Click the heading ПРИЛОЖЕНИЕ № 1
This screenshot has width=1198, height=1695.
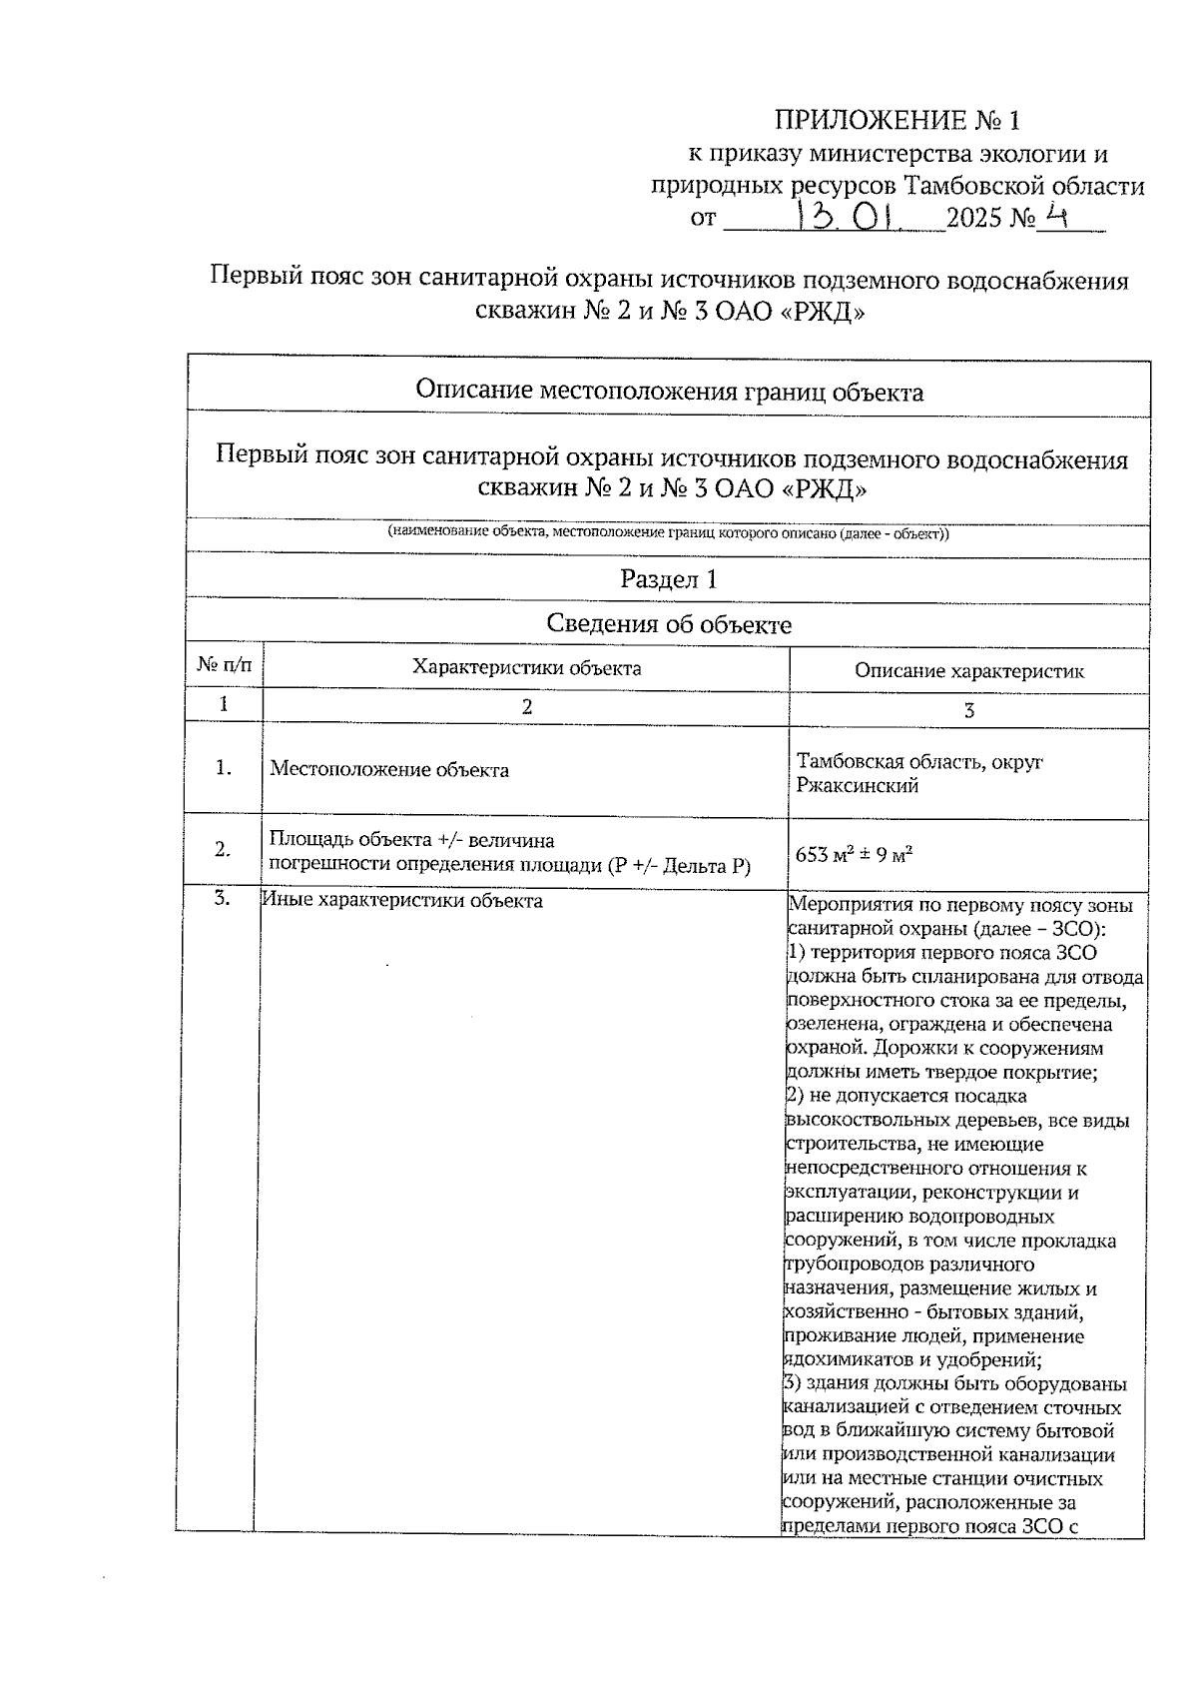pyautogui.click(x=898, y=121)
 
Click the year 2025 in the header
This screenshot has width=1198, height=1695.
pyautogui.click(x=975, y=218)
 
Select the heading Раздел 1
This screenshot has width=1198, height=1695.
pyautogui.click(x=668, y=579)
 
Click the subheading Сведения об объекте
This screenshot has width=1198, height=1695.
pyautogui.click(x=668, y=625)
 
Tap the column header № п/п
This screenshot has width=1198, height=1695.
pyautogui.click(x=225, y=663)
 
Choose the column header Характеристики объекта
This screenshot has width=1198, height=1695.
pyautogui.click(x=526, y=667)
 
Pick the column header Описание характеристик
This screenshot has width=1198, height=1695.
pyautogui.click(x=968, y=671)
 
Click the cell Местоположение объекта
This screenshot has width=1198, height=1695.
pyautogui.click(x=389, y=770)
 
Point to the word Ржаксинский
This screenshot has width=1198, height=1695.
pyautogui.click(x=857, y=786)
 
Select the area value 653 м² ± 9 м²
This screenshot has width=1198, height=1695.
pyautogui.click(x=855, y=855)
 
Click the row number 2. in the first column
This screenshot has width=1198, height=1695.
pyautogui.click(x=224, y=850)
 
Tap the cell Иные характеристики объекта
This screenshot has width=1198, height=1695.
pyautogui.click(x=402, y=901)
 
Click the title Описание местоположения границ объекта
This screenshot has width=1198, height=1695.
pyautogui.click(x=668, y=392)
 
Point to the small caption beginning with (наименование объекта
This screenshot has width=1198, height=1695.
pyautogui.click(x=668, y=533)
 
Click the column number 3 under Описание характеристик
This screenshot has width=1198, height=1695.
pyautogui.click(x=968, y=710)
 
